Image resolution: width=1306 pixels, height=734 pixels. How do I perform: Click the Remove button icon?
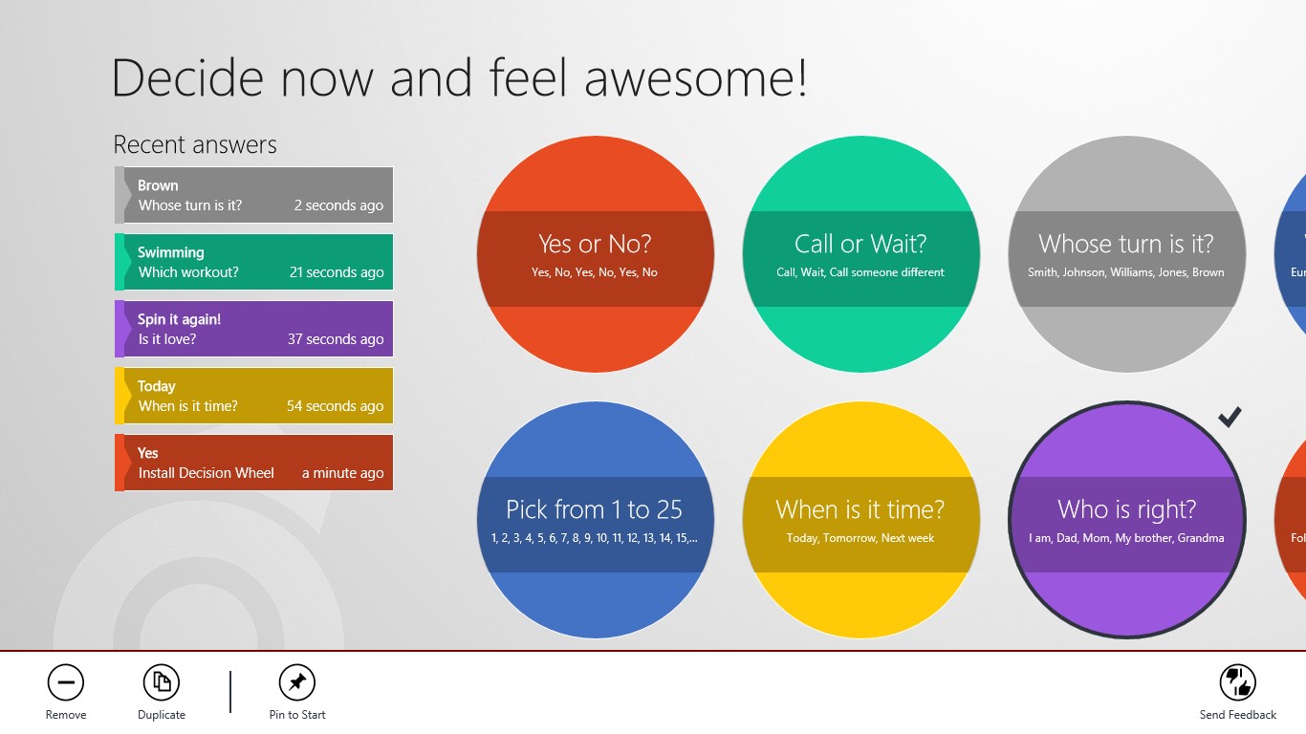(x=66, y=682)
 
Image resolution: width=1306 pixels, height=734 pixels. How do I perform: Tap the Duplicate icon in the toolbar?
(x=162, y=682)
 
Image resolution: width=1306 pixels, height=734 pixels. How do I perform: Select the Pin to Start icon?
(x=297, y=682)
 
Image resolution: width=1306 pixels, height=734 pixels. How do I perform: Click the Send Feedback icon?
(x=1237, y=682)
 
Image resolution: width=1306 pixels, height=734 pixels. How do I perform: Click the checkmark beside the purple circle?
(x=1230, y=417)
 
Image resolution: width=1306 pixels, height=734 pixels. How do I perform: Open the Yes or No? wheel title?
(x=595, y=245)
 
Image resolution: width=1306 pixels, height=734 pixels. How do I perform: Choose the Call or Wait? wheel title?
(x=860, y=245)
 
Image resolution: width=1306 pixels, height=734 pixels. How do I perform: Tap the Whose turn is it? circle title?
(x=1126, y=245)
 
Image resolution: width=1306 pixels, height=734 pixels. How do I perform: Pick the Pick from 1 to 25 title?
(x=594, y=510)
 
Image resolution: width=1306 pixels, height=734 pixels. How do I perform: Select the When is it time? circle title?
(x=860, y=510)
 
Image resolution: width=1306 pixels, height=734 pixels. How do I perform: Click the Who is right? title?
(x=1127, y=510)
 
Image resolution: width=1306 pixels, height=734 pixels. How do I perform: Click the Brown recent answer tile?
(x=254, y=195)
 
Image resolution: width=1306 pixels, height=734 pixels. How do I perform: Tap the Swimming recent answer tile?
(x=254, y=263)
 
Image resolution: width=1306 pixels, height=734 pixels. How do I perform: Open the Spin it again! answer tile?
(x=254, y=329)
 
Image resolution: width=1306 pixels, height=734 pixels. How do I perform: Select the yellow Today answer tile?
(x=254, y=396)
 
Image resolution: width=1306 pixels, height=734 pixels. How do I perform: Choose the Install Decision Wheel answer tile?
(x=254, y=463)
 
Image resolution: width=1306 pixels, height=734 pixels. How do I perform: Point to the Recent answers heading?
(x=195, y=144)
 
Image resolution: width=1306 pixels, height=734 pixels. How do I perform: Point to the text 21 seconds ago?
(x=337, y=272)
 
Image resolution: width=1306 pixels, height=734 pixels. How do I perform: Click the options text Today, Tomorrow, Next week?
(x=860, y=538)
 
